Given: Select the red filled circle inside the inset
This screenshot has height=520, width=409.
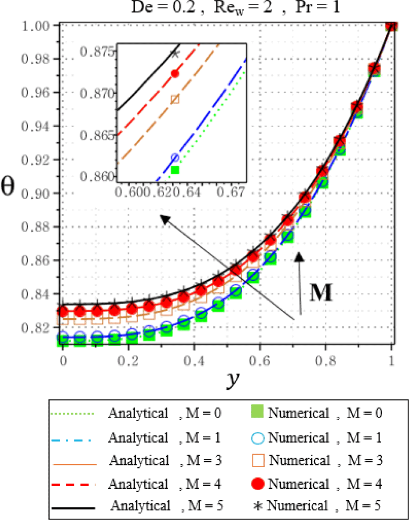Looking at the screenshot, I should [175, 74].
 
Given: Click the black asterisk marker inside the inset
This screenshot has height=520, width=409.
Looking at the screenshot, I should [175, 54].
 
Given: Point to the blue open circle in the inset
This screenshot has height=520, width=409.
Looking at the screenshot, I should [175, 157].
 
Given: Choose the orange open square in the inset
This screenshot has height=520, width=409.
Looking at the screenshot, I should [175, 99].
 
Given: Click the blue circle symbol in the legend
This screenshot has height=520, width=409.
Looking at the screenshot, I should [259, 438].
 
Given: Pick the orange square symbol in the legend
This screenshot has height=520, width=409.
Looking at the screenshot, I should [259, 461].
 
